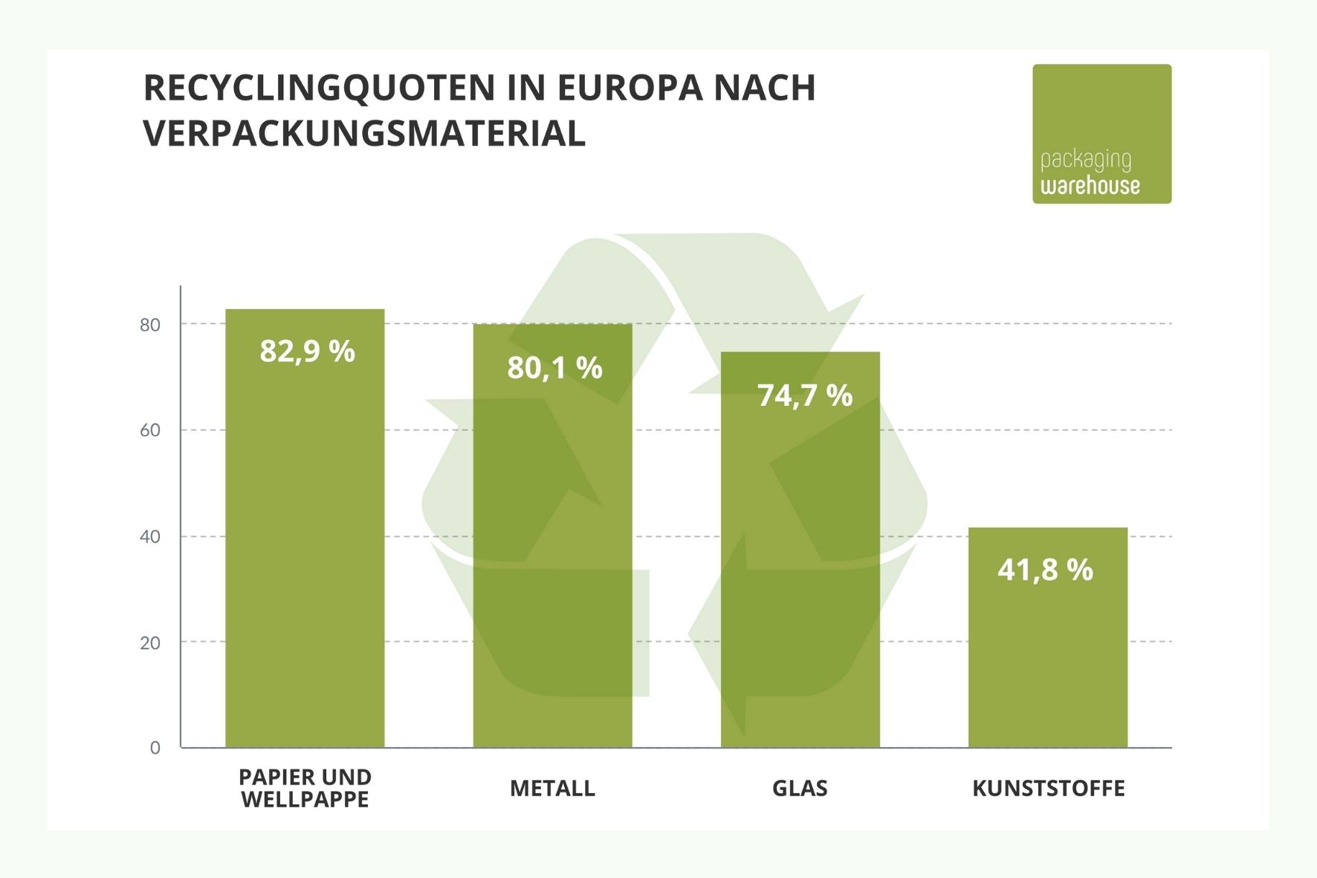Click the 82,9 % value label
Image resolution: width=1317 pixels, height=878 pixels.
coord(307,351)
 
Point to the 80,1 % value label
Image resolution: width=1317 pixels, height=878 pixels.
coord(554,368)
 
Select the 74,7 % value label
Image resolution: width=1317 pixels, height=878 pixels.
coord(804,396)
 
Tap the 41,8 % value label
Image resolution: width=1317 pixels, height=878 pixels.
coord(1045,570)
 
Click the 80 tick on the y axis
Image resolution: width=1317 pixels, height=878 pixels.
coord(150,325)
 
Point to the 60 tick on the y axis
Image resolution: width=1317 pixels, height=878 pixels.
coord(150,430)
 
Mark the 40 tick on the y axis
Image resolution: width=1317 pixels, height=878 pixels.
coord(150,537)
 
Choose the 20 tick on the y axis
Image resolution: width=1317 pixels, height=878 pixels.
coord(150,643)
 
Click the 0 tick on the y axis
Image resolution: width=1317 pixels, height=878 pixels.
coord(155,748)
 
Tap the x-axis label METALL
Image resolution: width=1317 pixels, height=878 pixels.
coord(552,788)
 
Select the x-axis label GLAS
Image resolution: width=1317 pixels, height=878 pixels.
coord(800,788)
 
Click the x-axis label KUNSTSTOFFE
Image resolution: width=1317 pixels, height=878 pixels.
coord(1048,788)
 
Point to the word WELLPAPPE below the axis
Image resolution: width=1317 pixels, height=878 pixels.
coord(305,800)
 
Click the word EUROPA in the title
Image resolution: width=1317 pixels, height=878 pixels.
coord(629,88)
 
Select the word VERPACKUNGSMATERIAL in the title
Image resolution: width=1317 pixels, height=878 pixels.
coord(364,134)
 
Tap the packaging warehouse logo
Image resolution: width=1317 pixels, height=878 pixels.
coord(1101,134)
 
